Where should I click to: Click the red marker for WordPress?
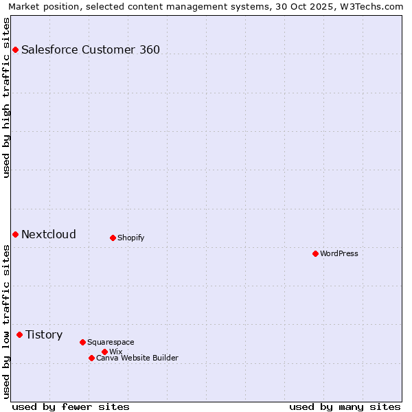coord(315,253)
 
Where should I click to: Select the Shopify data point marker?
coord(113,238)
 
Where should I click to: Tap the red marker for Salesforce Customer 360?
coord(15,49)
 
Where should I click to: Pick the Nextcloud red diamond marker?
coord(15,234)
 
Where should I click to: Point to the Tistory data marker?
coord(19,334)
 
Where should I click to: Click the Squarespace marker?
coord(82,342)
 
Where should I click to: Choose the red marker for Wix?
coord(104,352)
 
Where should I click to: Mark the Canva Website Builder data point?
coord(91,358)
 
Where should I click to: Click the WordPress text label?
coord(339,253)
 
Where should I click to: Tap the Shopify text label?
coord(130,238)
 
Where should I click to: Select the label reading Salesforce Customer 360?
coord(91,49)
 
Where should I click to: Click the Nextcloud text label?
coord(49,234)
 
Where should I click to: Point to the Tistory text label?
coord(44,334)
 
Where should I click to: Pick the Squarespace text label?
coord(111,342)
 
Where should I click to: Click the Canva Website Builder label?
coord(137,358)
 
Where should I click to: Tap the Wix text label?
coord(115,352)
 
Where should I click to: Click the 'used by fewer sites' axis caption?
coord(71,407)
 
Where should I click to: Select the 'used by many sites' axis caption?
coord(345,407)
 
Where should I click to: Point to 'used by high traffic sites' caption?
coord(6,98)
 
